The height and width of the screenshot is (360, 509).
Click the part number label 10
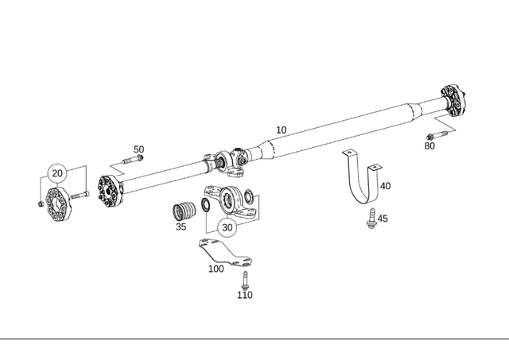point(281,130)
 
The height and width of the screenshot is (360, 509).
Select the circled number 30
point(227,226)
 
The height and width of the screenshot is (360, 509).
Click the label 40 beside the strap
point(386,186)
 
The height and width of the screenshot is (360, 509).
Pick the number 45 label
point(383,219)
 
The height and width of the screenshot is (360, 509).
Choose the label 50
point(138,149)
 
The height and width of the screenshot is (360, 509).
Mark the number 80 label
point(429,145)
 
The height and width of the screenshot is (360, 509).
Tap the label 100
point(216,269)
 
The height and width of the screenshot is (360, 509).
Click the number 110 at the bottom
point(245,295)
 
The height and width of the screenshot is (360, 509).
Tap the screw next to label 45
point(370,219)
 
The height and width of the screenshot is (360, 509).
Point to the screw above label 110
point(245,279)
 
